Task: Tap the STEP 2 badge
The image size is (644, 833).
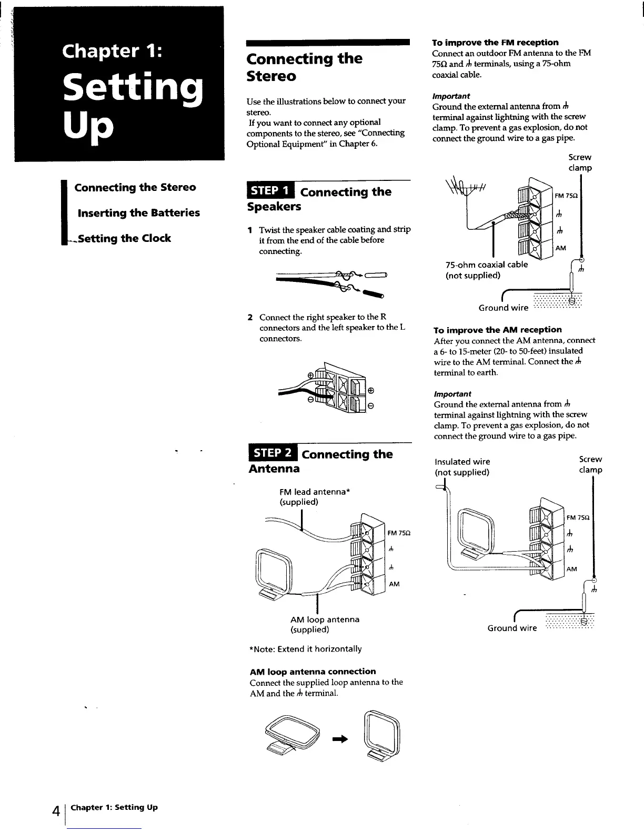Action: tap(273, 453)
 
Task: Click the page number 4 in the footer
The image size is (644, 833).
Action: tap(55, 810)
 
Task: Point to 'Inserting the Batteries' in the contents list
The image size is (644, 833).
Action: tap(138, 213)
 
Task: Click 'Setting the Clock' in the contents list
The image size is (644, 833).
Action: tap(125, 238)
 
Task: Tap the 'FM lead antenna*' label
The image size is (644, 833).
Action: tap(315, 492)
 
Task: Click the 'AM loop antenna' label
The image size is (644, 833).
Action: tap(325, 619)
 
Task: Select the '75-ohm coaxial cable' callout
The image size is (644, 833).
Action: tap(486, 265)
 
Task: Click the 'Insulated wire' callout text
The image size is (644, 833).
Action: tap(462, 462)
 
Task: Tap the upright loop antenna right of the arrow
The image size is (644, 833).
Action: tap(382, 735)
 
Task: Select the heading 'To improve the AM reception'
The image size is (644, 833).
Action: tap(497, 330)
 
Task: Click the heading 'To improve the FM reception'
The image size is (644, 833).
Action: tap(495, 43)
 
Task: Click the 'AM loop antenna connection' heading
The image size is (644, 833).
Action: tap(313, 672)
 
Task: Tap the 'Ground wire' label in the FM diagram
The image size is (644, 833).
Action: tap(503, 308)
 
